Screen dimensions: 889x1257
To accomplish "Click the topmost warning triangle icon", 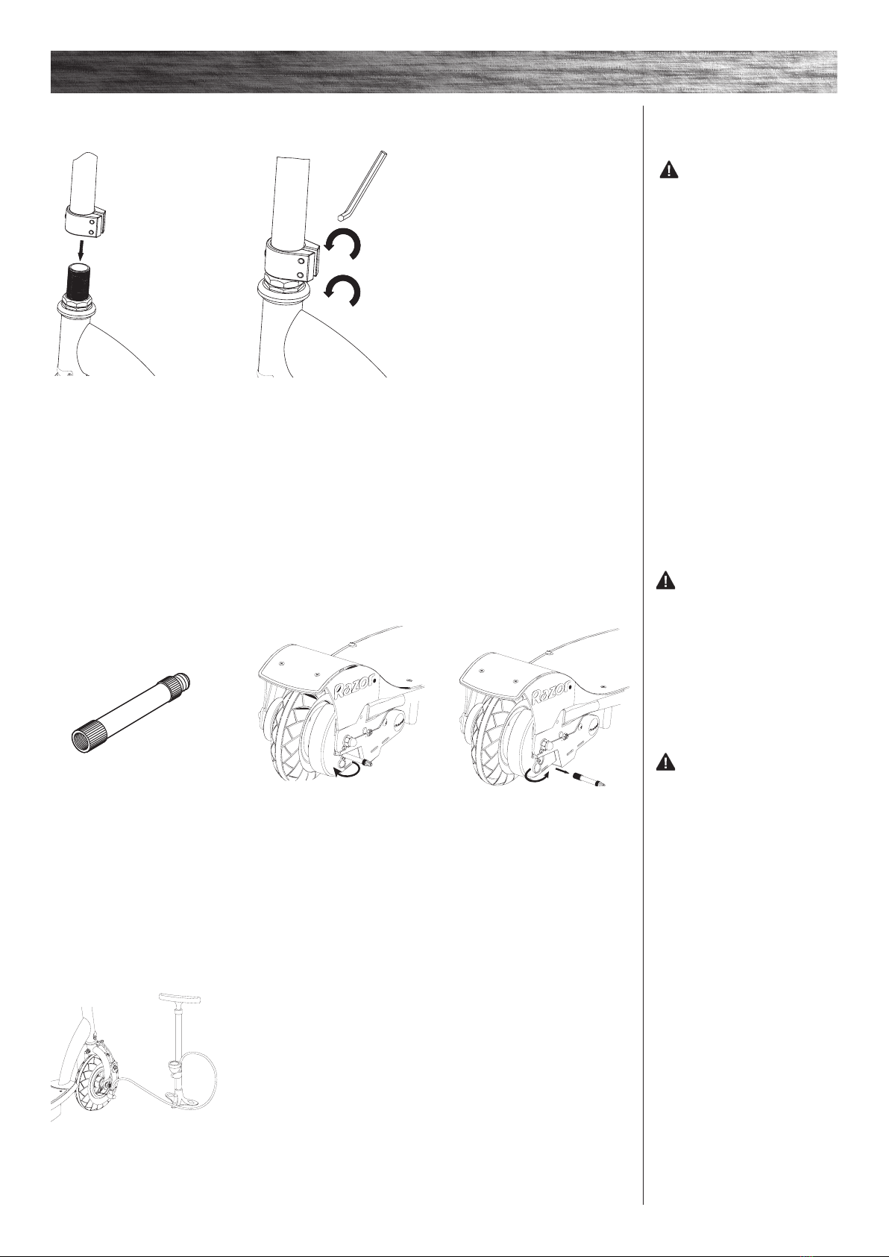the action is (x=668, y=169).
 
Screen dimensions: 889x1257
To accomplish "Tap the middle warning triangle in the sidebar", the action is (x=665, y=580).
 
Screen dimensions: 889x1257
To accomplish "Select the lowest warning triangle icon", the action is (x=665, y=762).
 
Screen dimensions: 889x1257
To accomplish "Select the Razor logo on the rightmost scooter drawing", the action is (x=552, y=692).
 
